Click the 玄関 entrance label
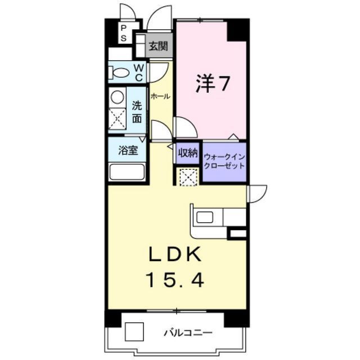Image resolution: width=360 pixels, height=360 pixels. (x=159, y=46)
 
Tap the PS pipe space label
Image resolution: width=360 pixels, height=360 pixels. (x=124, y=33)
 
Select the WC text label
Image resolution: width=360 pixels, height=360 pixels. (x=139, y=73)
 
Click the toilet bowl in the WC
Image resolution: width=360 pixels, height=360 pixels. (x=119, y=73)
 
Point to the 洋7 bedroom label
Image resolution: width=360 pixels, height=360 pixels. (x=213, y=84)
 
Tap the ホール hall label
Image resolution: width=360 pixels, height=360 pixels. (x=160, y=96)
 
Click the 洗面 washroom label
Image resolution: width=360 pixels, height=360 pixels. (x=137, y=112)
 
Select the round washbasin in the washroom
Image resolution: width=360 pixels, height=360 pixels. (x=118, y=97)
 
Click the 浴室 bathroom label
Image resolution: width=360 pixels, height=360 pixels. (x=128, y=150)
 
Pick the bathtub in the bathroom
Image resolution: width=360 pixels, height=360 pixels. (x=127, y=172)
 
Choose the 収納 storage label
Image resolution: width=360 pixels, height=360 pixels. (x=188, y=153)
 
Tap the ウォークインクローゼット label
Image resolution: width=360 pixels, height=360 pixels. (x=224, y=161)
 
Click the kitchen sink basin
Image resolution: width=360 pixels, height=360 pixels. (x=205, y=217)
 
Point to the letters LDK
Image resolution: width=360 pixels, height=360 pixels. (x=175, y=254)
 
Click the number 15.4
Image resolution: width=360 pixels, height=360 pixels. (x=175, y=280)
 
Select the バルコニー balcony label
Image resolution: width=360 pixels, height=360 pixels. (x=188, y=332)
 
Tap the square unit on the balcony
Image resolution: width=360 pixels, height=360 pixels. (x=134, y=331)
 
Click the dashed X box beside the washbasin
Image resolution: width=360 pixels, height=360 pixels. (x=118, y=119)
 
